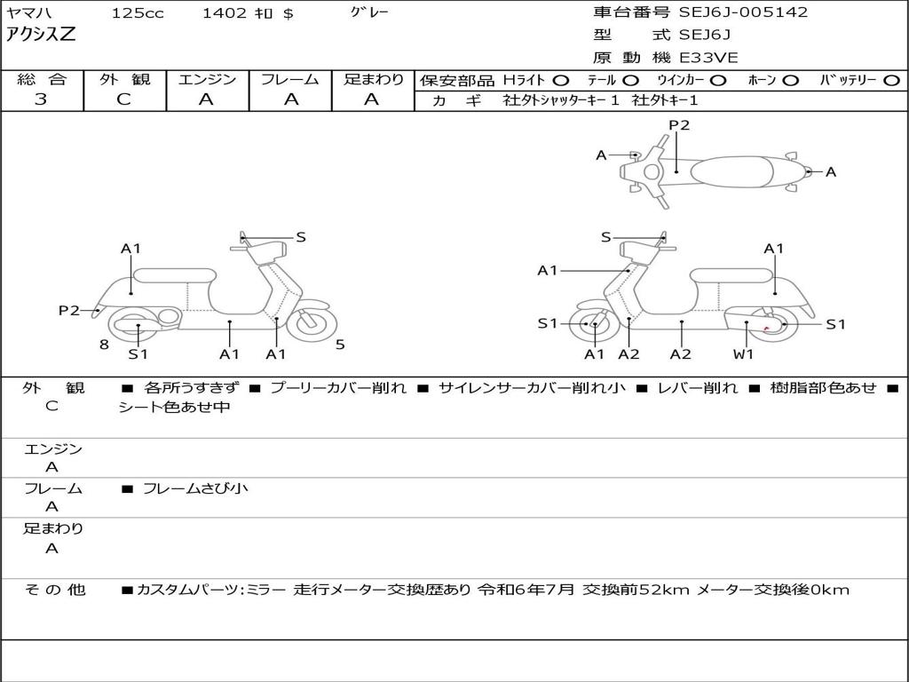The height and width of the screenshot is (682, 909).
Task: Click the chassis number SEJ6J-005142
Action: [x=743, y=12]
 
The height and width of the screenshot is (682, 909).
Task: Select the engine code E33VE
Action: [x=708, y=58]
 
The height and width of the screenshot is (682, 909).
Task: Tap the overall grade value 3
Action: [x=41, y=99]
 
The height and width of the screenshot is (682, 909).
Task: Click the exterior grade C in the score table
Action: [x=123, y=99]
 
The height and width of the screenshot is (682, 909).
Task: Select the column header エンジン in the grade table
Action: [x=207, y=79]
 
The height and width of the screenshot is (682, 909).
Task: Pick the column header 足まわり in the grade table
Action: [x=374, y=79]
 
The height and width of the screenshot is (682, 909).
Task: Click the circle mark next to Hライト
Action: [x=560, y=80]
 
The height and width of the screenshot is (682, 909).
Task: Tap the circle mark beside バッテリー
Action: [x=891, y=80]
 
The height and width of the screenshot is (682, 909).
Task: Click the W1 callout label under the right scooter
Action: [x=743, y=354]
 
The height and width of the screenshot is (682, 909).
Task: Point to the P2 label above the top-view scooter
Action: [x=679, y=125]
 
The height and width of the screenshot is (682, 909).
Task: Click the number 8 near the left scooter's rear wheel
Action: [x=104, y=345]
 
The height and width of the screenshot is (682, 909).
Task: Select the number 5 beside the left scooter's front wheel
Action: [x=340, y=345]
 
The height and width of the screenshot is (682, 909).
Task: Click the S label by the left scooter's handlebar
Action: [x=301, y=237]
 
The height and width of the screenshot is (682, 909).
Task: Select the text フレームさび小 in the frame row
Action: [x=195, y=488]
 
